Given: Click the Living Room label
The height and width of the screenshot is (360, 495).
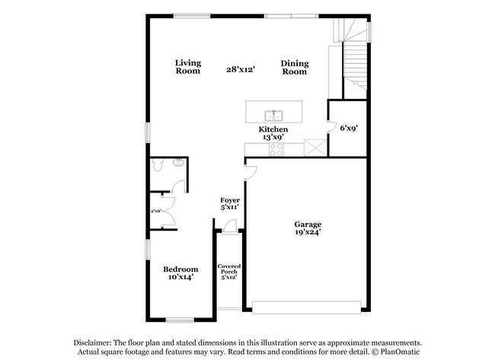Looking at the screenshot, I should [187, 67].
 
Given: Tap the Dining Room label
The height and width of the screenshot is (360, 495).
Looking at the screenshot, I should [294, 67].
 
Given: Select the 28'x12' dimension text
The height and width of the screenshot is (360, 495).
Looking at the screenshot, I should [240, 68].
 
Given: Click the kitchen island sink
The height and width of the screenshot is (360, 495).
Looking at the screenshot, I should [274, 116].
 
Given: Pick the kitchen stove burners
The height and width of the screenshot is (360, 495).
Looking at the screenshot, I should [274, 150].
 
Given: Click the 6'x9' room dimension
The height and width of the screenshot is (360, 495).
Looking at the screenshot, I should [349, 129].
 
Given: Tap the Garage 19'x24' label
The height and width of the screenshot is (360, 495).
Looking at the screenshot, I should [308, 228].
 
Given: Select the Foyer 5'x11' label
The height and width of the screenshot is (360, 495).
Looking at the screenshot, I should [230, 204].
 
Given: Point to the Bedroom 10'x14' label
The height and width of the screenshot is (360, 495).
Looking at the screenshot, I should [180, 273].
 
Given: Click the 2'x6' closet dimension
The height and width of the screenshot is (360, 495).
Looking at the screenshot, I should [157, 210].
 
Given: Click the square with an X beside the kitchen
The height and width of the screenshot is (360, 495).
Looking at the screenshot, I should [313, 147].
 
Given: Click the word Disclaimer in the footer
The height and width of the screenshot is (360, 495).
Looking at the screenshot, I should [92, 342].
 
